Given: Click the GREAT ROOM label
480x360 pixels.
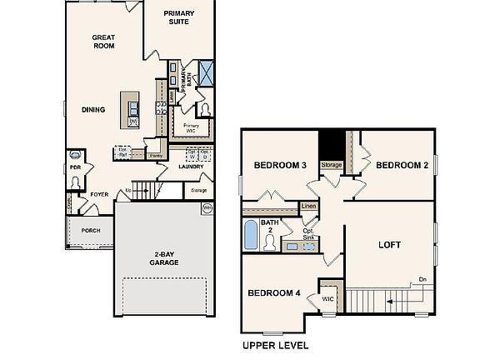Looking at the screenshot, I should [x=103, y=42].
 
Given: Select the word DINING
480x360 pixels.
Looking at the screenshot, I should [x=93, y=109].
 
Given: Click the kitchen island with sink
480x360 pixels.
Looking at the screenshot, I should [x=132, y=109].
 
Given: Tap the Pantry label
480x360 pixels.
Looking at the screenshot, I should [x=156, y=155].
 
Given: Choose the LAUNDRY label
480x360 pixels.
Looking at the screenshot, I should [x=191, y=167].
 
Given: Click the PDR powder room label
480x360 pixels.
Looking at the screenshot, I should [x=75, y=167].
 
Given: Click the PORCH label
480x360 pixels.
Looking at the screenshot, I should [x=90, y=231].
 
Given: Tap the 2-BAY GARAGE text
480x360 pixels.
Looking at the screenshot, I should [x=163, y=258].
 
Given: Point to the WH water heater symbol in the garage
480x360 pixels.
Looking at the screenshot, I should [x=206, y=207].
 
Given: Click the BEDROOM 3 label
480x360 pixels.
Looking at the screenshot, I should [x=282, y=165].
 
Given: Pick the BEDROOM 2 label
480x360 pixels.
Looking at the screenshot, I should [x=402, y=165].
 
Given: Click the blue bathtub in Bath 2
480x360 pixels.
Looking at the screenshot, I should [x=251, y=235].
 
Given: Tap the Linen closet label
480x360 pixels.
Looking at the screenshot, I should [x=309, y=205].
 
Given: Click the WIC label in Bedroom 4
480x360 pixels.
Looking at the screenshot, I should [x=327, y=297].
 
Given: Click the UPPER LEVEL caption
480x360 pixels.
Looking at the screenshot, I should [x=275, y=345].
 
